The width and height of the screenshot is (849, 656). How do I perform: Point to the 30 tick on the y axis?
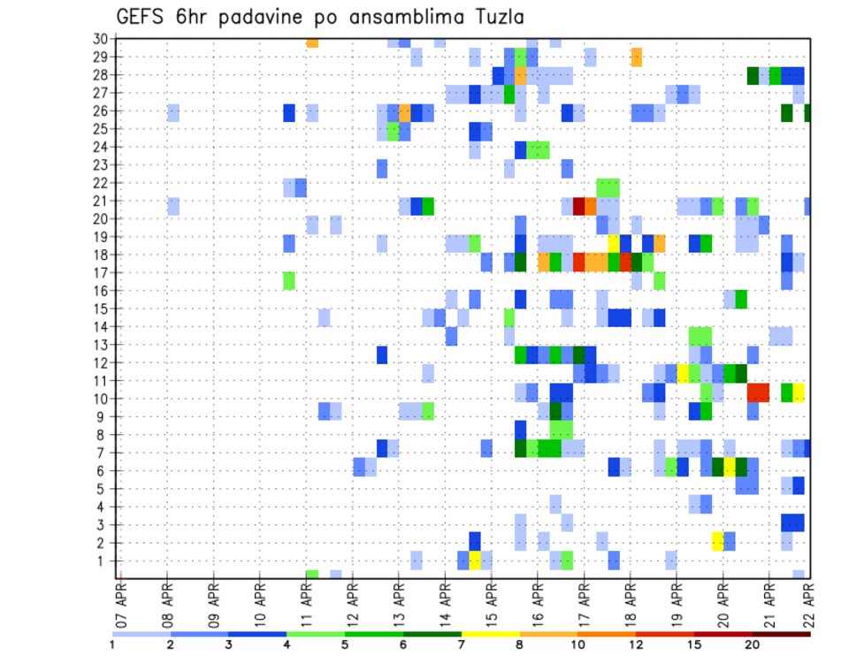point(100,39)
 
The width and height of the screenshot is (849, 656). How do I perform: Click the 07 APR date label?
point(120,600)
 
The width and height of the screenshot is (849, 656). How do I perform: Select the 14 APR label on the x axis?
point(443,600)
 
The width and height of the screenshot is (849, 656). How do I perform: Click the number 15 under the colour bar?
point(694,645)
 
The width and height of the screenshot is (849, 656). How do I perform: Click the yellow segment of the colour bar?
point(490,633)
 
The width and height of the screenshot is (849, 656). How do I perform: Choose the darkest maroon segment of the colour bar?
point(781,633)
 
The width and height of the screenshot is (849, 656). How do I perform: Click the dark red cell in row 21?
point(579,206)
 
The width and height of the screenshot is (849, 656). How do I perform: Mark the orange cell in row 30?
point(312,42)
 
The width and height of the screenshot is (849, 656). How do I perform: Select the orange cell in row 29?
point(637,57)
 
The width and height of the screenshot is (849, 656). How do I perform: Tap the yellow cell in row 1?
point(475,560)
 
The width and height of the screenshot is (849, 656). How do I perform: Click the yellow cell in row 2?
point(718,541)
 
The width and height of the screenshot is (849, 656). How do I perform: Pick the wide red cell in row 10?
point(758,392)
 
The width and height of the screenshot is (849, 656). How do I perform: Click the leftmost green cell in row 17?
point(288,280)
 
